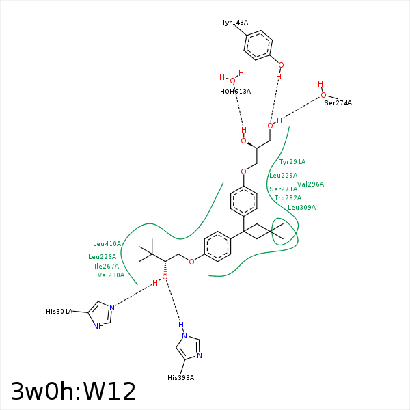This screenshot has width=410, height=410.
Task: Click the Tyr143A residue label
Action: coord(234,23)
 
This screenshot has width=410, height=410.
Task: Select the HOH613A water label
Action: coord(235,91)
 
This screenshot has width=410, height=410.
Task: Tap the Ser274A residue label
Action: coord(338,103)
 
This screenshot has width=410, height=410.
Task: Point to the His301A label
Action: coord(59,312)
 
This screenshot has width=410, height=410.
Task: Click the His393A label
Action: coord(180,378)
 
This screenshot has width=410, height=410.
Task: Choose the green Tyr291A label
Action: coord(292,162)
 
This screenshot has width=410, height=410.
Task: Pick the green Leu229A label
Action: coord(283,176)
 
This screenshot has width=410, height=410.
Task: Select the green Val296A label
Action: coord(310,184)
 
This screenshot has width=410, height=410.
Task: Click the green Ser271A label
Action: coord(283,189)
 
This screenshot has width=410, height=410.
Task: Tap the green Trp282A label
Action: coord(288,198)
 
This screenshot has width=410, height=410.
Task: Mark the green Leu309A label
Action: coord(301,208)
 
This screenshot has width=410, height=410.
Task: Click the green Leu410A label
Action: coord(107,244)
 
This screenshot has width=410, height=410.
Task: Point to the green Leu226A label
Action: coord(102,257)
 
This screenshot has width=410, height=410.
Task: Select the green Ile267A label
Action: coord(107,266)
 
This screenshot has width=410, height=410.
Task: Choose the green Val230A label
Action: coord(111,275)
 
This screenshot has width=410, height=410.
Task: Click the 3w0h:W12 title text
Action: coord(73,392)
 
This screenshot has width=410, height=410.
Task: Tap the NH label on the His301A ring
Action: coord(98,327)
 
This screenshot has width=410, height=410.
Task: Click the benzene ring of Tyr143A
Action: coord(258,46)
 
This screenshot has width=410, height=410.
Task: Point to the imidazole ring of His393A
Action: coord(189,346)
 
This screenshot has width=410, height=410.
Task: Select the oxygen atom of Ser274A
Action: coord(323,96)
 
